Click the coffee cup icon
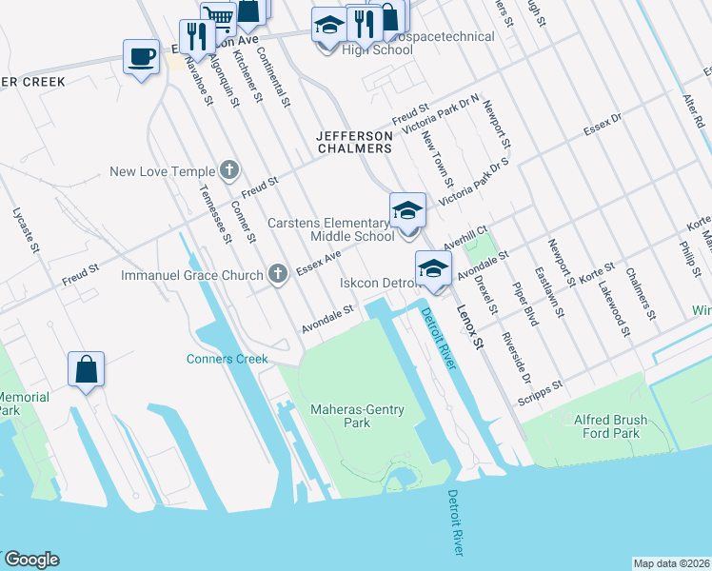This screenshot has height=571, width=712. pos(141,57)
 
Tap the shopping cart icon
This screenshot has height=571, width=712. pos(219,16)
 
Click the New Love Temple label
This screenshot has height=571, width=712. pos(163,172)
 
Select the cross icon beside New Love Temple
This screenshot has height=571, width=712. pos(228,171)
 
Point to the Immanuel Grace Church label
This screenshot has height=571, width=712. pos(191,276)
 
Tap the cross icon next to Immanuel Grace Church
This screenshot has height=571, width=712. pos(278,275)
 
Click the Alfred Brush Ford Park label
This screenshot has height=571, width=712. pos(619,425)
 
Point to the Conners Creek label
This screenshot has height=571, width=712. pos(227,359)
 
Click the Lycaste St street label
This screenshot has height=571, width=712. pos(25,229)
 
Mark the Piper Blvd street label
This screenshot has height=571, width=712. pos(524,304)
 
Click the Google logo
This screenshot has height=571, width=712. pos(31,560)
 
